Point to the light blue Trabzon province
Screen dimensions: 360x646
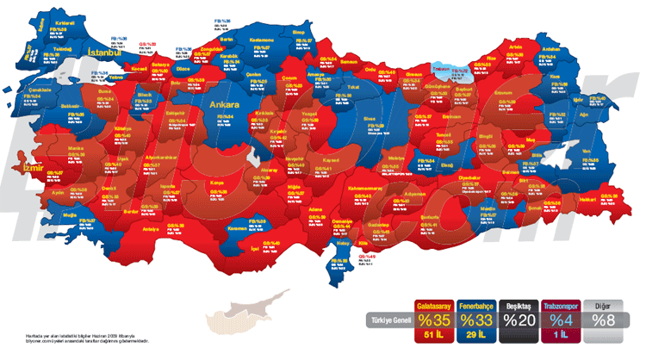tap(440, 66)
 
